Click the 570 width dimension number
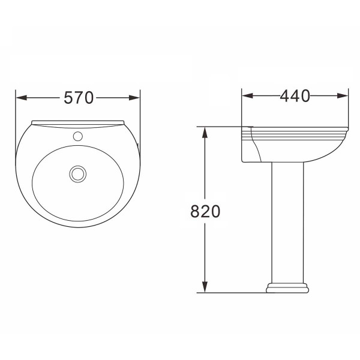point(79,98)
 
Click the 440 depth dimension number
point(295,96)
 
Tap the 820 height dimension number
point(205,211)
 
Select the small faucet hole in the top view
point(78,136)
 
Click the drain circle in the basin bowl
point(78,174)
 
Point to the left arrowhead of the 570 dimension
point(22,98)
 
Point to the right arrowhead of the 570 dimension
point(134,98)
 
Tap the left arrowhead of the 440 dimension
point(248,96)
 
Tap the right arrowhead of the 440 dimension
point(343,96)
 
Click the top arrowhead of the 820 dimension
point(205,133)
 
